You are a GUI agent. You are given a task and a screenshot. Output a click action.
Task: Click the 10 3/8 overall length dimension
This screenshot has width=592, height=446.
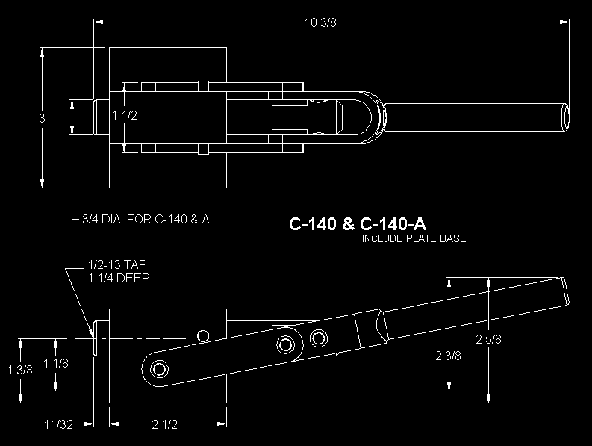(320, 22)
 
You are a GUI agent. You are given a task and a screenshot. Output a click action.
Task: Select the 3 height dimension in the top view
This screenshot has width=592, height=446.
(42, 118)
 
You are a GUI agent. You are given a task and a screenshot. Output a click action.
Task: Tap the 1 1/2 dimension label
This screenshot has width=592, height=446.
(125, 115)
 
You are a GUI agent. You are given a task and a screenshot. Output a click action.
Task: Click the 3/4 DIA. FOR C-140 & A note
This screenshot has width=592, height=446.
(146, 219)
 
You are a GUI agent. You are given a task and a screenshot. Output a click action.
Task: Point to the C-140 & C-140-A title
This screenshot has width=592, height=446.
(357, 224)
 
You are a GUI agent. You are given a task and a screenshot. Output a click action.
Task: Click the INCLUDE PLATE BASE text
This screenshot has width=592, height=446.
(414, 238)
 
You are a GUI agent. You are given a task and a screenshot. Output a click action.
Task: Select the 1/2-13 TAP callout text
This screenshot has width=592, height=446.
(117, 264)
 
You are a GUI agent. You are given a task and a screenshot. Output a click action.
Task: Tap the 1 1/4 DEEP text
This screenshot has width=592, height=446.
(119, 278)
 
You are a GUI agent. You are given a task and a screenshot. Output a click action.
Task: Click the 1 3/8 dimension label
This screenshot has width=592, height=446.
(20, 370)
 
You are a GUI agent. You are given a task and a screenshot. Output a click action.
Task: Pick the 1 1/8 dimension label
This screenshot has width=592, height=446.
(56, 363)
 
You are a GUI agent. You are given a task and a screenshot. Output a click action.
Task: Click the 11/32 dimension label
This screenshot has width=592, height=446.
(58, 424)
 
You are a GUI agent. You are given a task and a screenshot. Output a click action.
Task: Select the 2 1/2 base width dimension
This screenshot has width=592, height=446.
(165, 424)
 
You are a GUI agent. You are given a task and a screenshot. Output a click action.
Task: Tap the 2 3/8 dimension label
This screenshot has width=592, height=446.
(448, 356)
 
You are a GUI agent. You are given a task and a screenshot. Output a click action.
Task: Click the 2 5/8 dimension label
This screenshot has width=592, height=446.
(488, 339)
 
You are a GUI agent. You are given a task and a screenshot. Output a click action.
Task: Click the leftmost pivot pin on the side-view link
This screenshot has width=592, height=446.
(159, 369)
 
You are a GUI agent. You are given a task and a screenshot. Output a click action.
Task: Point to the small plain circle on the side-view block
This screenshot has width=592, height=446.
(203, 335)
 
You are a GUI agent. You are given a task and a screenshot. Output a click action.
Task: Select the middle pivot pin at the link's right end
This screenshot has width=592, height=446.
(286, 344)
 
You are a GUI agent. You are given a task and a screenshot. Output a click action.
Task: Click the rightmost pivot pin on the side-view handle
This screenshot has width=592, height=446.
(319, 338)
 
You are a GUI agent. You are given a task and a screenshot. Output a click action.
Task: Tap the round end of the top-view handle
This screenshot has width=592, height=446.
(566, 117)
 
